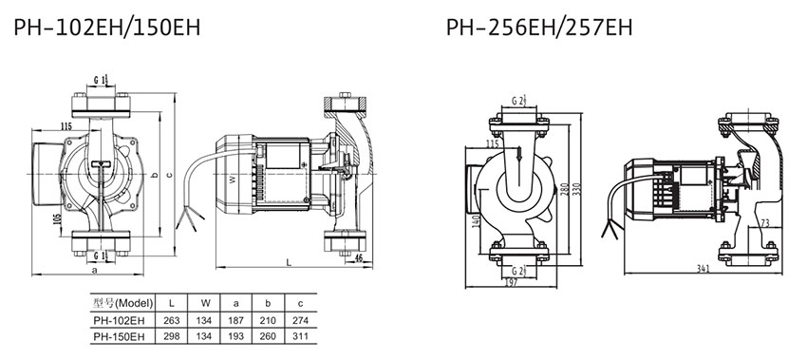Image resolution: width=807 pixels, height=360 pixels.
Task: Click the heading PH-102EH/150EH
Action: (x=107, y=28)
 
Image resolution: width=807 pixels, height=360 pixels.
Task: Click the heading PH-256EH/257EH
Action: (x=539, y=28)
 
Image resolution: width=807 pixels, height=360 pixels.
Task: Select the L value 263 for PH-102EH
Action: (x=172, y=320)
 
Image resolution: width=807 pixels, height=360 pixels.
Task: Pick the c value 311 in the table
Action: (x=300, y=337)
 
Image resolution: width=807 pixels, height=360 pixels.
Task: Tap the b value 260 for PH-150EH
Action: (x=268, y=337)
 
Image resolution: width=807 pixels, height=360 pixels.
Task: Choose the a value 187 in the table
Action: (x=235, y=320)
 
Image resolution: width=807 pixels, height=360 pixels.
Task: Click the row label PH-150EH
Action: (x=116, y=337)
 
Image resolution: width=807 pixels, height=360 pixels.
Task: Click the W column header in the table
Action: (x=203, y=303)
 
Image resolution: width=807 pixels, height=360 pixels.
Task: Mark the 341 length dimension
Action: (x=703, y=268)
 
